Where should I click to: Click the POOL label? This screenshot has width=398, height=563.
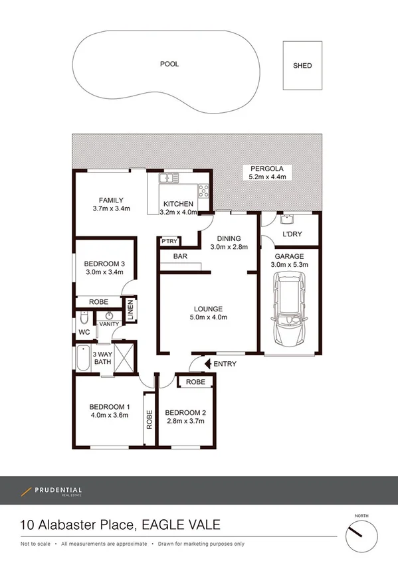(169, 64)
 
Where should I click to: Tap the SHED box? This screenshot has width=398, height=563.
(302, 66)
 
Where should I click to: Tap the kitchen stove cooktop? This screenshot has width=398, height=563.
(203, 191)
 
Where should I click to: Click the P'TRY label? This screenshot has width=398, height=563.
(167, 242)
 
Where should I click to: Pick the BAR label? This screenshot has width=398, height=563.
(179, 256)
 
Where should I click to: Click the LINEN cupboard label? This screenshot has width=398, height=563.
(131, 310)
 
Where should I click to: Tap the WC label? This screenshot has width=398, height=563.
(84, 331)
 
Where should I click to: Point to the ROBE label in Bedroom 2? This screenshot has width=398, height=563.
(195, 382)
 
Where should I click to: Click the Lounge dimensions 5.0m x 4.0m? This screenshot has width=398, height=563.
(208, 317)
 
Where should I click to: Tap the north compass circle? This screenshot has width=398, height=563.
(361, 532)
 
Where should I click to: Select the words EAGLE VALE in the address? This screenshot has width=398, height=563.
(176, 526)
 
